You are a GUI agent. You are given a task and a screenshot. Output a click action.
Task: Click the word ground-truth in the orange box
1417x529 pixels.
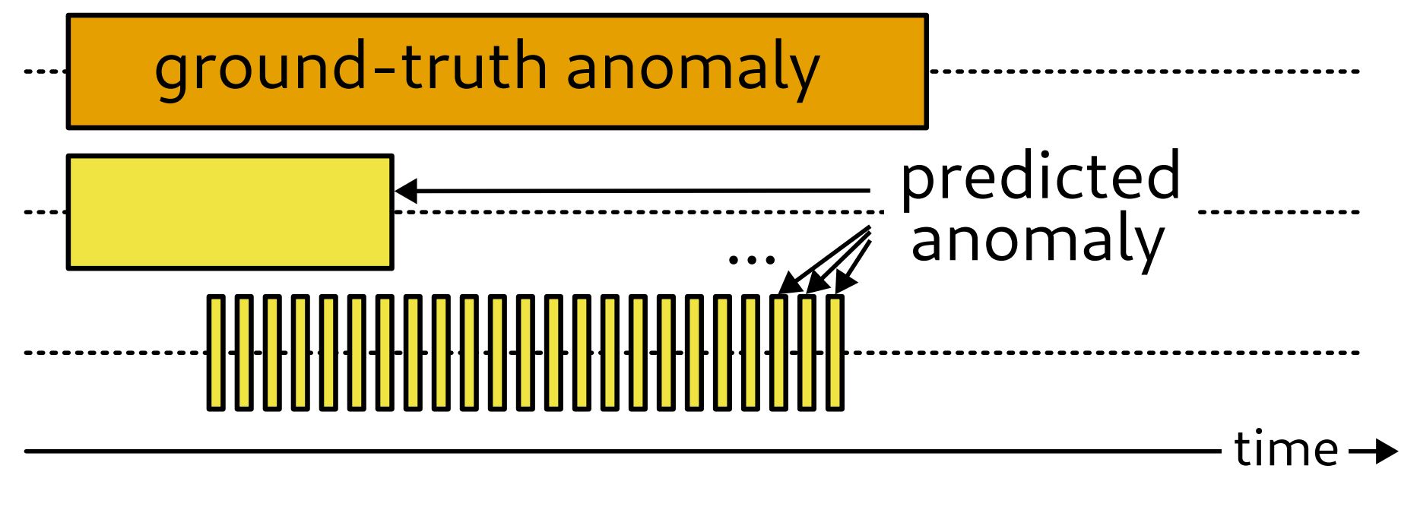pos(350,68)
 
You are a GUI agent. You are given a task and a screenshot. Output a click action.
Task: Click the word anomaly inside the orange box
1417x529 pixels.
pos(693,68)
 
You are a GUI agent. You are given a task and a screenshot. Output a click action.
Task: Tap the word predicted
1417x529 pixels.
pos(1040,177)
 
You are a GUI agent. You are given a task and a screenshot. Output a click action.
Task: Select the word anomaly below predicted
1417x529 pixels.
pos(1037,240)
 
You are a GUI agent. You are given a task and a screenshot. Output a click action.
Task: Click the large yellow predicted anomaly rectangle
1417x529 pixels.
pos(230,212)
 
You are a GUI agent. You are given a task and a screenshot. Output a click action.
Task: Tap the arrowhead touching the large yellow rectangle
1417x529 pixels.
pos(406,191)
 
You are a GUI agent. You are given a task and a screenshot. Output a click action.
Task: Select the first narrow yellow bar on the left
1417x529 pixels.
pos(216,353)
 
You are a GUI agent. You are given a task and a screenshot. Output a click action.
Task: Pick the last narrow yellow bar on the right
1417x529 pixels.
pos(835,353)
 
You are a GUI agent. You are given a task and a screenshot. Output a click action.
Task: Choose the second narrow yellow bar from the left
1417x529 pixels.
pos(244,353)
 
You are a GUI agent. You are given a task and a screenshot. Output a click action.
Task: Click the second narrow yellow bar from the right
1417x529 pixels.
pos(807,353)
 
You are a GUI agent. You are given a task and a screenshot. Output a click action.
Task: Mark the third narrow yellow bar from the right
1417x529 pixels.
pos(778,353)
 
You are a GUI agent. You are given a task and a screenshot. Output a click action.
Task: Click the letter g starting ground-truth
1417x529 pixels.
pos(171,72)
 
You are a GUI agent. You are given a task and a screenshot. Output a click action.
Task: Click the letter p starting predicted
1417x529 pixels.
pos(918,182)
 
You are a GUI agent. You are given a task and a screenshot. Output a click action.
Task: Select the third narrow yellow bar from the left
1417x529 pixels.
pos(272,353)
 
